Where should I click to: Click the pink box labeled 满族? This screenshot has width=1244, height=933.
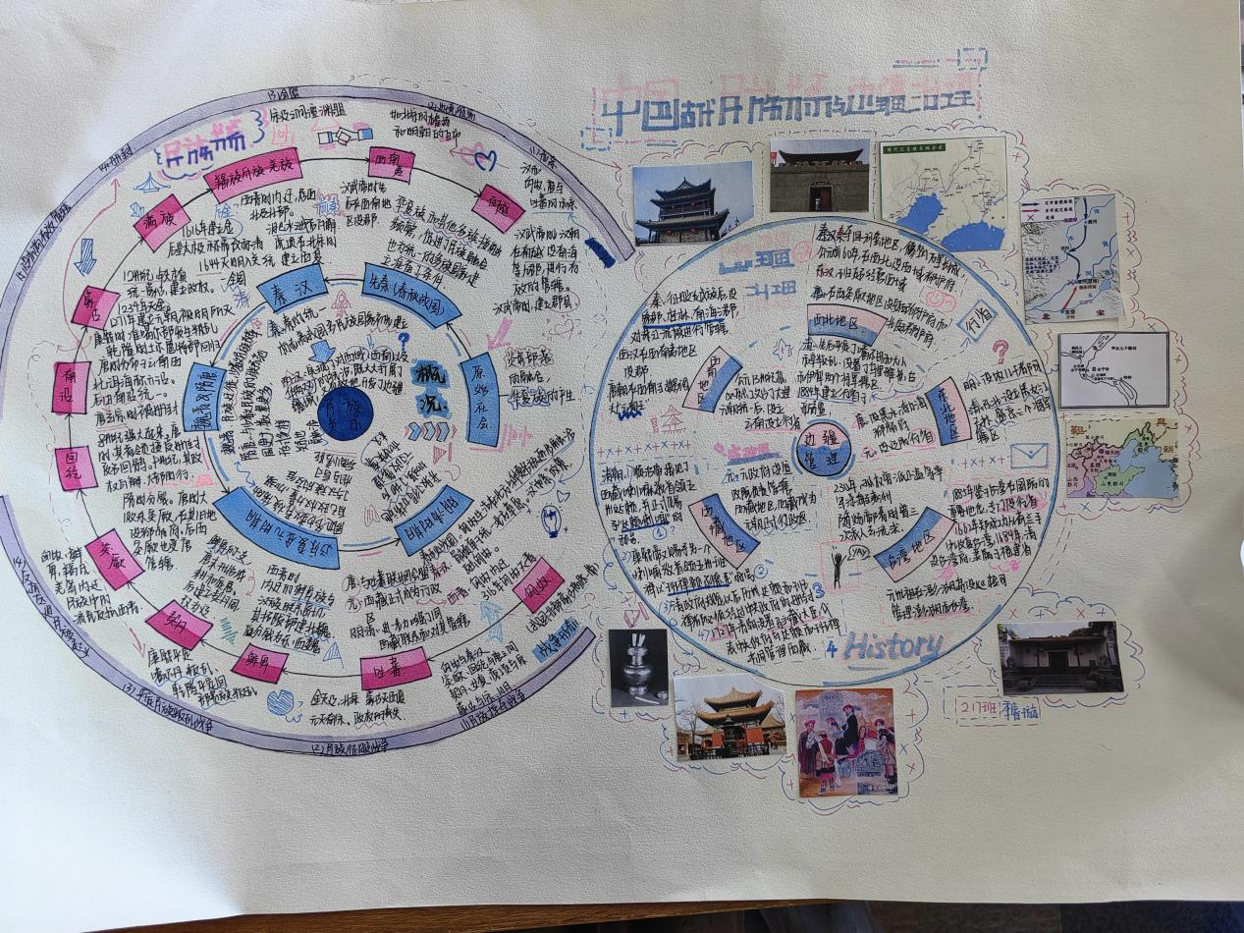161,228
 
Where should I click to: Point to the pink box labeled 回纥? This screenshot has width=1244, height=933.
76,467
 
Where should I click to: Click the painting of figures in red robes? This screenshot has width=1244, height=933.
844,741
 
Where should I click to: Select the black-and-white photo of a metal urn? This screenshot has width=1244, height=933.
638,667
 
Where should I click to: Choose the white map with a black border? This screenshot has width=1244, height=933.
1113,369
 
